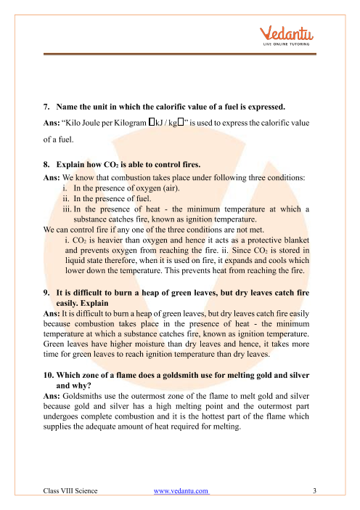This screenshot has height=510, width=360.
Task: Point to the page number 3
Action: point(316,491)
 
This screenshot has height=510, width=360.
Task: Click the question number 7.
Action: point(46,104)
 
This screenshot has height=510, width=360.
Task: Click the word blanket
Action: point(298,240)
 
